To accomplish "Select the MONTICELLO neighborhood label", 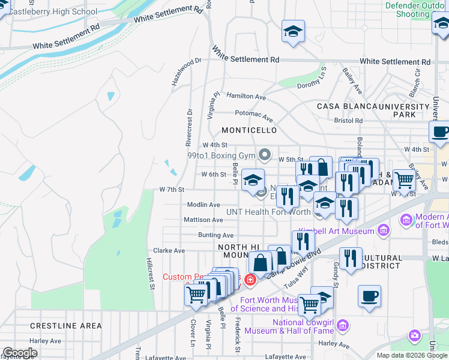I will [x=249, y=130].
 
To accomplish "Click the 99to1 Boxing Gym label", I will [x=221, y=155].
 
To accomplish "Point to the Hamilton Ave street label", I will [x=246, y=97].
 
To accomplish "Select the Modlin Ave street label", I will [x=203, y=205].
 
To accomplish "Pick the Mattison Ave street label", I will [x=203, y=220].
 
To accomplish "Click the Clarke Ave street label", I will [x=169, y=251].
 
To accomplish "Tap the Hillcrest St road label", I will [x=151, y=277].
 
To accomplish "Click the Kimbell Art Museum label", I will [x=341, y=230].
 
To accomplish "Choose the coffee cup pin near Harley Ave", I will [x=369, y=296].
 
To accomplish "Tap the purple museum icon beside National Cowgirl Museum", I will [x=343, y=326].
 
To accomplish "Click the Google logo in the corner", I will [x=20, y=353].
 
